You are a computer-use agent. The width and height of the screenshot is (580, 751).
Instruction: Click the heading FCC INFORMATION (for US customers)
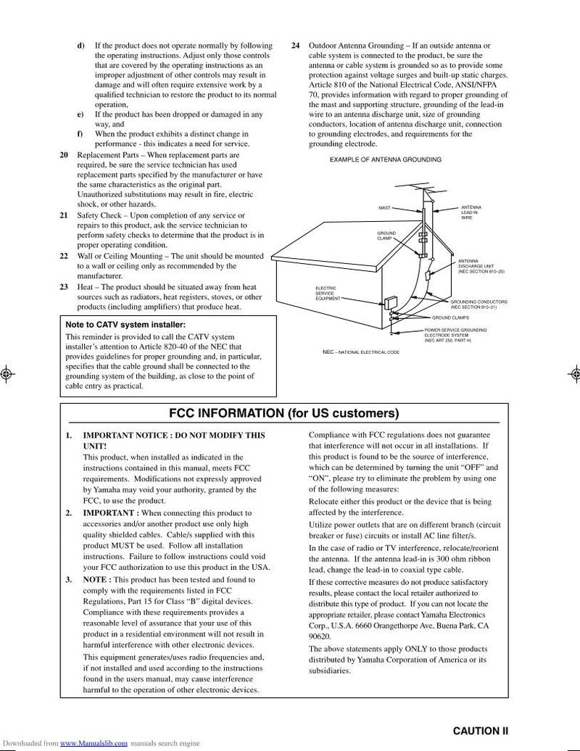pos(283,414)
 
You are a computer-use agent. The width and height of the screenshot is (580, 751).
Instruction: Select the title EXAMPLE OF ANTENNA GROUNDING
pos(385,159)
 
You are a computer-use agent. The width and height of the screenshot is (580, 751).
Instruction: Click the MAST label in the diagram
pos(384,208)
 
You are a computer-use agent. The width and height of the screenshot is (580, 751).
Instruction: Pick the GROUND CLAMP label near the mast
pos(386,236)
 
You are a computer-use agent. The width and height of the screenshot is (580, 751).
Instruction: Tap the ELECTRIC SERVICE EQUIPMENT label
pos(327,293)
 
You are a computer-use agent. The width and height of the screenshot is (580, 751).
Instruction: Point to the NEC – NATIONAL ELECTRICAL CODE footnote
pos(360,352)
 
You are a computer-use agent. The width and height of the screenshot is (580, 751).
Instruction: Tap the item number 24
pos(295,46)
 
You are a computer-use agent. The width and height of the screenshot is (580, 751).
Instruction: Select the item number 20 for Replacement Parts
pos(64,155)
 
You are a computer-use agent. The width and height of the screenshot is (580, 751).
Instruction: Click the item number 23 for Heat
pos(64,287)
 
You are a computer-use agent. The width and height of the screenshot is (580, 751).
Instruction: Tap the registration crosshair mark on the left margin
pos(7,375)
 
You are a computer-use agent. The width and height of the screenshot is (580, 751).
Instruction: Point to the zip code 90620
pos(320,636)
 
